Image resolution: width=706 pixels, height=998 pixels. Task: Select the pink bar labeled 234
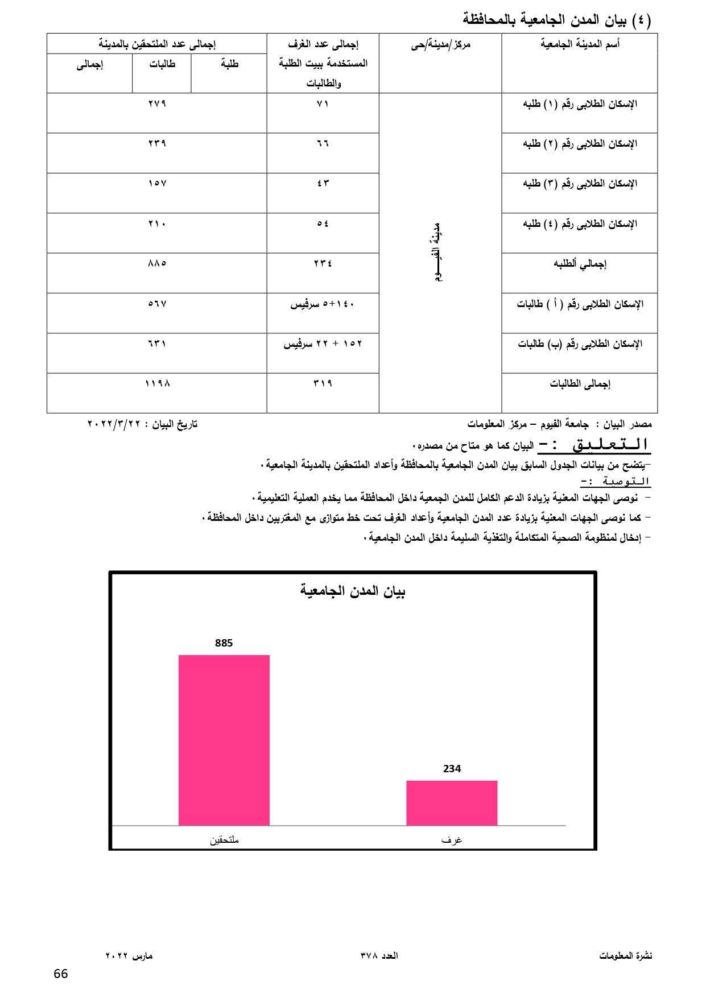click(x=452, y=802)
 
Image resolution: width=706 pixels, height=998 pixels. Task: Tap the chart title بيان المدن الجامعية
click(x=353, y=591)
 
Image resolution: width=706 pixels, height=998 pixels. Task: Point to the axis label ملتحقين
click(x=224, y=840)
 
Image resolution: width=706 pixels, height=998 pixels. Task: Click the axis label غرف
click(x=452, y=840)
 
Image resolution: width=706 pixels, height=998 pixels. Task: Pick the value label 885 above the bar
click(x=224, y=643)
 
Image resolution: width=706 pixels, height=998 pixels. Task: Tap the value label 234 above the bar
click(x=452, y=769)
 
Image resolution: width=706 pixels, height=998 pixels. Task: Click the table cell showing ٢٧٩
click(x=157, y=104)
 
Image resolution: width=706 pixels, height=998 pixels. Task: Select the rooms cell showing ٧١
click(x=323, y=104)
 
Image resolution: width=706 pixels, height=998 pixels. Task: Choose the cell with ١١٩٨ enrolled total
click(x=157, y=384)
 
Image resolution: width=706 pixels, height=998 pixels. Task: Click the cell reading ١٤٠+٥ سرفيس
click(x=323, y=304)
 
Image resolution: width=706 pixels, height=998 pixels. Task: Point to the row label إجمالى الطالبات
click(x=580, y=384)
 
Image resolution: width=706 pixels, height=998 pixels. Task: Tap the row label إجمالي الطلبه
click(x=580, y=264)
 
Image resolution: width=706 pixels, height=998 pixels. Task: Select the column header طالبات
click(x=162, y=64)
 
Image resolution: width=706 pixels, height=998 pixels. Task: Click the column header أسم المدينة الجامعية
click(x=580, y=44)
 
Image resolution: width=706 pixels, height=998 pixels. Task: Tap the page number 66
click(x=61, y=974)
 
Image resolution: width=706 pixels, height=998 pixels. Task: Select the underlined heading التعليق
click(x=610, y=445)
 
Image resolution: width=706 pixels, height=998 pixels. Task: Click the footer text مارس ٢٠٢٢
click(x=129, y=956)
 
